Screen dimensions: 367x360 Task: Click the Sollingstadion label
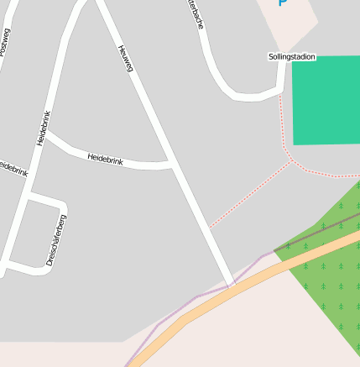click(291, 57)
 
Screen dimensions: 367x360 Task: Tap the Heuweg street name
click(126, 57)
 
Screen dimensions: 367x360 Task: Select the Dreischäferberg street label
click(56, 240)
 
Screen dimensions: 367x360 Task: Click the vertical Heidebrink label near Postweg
click(44, 128)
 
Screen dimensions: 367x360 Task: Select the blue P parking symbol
click(283, 3)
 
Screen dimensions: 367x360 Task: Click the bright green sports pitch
click(326, 99)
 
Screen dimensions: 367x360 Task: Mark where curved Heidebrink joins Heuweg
click(171, 163)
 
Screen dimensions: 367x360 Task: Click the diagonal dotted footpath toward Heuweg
click(252, 193)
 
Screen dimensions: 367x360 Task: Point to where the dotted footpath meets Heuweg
click(210, 227)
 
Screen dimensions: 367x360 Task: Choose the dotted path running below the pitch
click(327, 174)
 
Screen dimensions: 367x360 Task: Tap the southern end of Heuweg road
click(228, 280)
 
